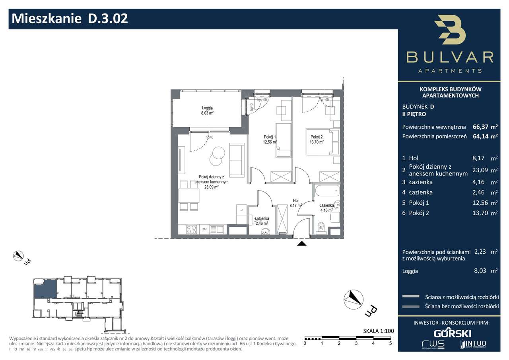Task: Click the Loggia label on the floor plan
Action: click(207, 110)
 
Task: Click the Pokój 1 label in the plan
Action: click(270, 139)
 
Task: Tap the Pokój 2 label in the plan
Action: click(317, 139)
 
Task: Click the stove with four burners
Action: click(192, 229)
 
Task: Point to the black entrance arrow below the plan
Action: click(302, 244)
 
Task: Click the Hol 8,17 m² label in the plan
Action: click(295, 203)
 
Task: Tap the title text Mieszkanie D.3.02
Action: click(70, 19)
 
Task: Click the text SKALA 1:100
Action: click(377, 331)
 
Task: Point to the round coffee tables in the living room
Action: click(217, 156)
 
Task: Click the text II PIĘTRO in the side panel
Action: click(414, 114)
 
